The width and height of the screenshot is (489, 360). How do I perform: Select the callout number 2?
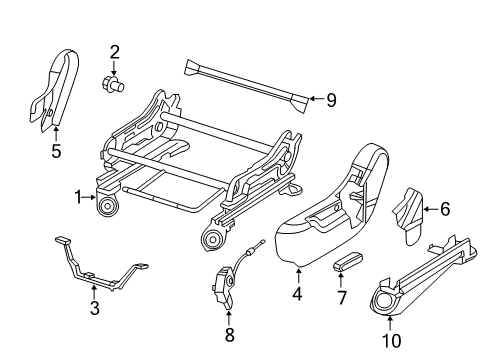point(114,52)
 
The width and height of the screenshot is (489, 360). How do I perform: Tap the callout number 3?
point(95,308)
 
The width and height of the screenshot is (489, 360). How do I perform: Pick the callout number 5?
point(55,153)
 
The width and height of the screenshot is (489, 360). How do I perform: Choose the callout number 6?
point(445,209)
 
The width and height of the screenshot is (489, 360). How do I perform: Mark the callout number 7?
point(340,298)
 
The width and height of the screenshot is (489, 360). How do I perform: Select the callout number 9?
point(332,98)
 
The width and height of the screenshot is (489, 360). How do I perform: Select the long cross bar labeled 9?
point(245,80)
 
